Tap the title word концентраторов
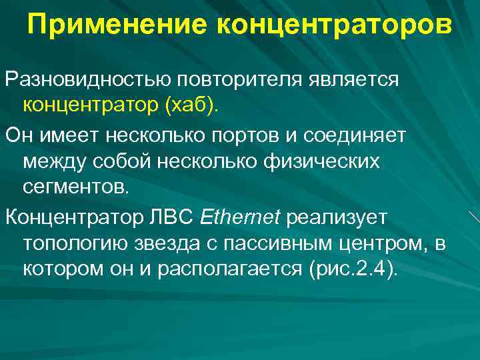(334, 26)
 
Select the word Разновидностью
(88, 80)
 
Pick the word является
(353, 80)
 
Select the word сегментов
(74, 186)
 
